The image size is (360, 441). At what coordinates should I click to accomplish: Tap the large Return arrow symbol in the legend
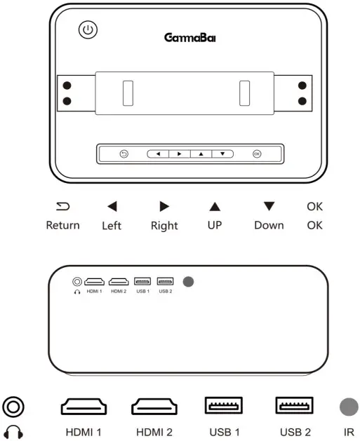point(62,206)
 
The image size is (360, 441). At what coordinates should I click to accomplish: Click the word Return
point(62,225)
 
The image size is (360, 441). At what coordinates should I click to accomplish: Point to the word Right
point(164,226)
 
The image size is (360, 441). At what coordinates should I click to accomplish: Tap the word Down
point(269,225)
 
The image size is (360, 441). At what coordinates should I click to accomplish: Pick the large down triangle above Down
point(269,206)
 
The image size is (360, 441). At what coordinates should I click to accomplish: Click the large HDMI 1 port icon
point(84,406)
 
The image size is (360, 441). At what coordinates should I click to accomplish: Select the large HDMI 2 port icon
point(154,406)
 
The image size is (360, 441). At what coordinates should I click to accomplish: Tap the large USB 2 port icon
point(293,406)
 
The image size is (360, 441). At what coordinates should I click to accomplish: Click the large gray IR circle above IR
point(348,405)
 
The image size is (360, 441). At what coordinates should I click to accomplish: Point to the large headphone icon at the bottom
point(13,431)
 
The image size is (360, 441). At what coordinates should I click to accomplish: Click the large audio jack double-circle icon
point(13,406)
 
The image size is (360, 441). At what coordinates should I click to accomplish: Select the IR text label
point(348,432)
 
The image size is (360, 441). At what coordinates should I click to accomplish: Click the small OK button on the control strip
point(257,154)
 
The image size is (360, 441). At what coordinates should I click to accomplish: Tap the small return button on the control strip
point(124,154)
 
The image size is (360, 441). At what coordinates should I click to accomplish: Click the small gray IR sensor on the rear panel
point(187,282)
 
